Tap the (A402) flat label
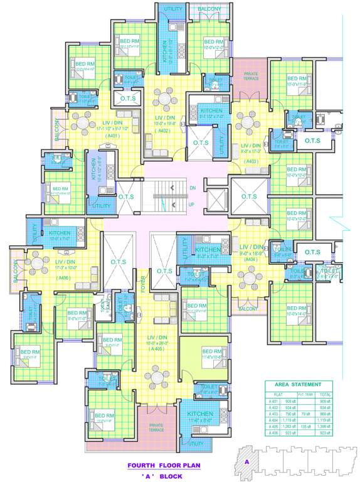pyautogui.click(x=165, y=131)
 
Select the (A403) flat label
pyautogui.click(x=251, y=161)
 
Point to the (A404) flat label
pyautogui.click(x=250, y=259)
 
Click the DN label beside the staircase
pyautogui.click(x=193, y=188)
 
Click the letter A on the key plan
pyautogui.click(x=247, y=462)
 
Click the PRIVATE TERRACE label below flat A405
pyautogui.click(x=156, y=427)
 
